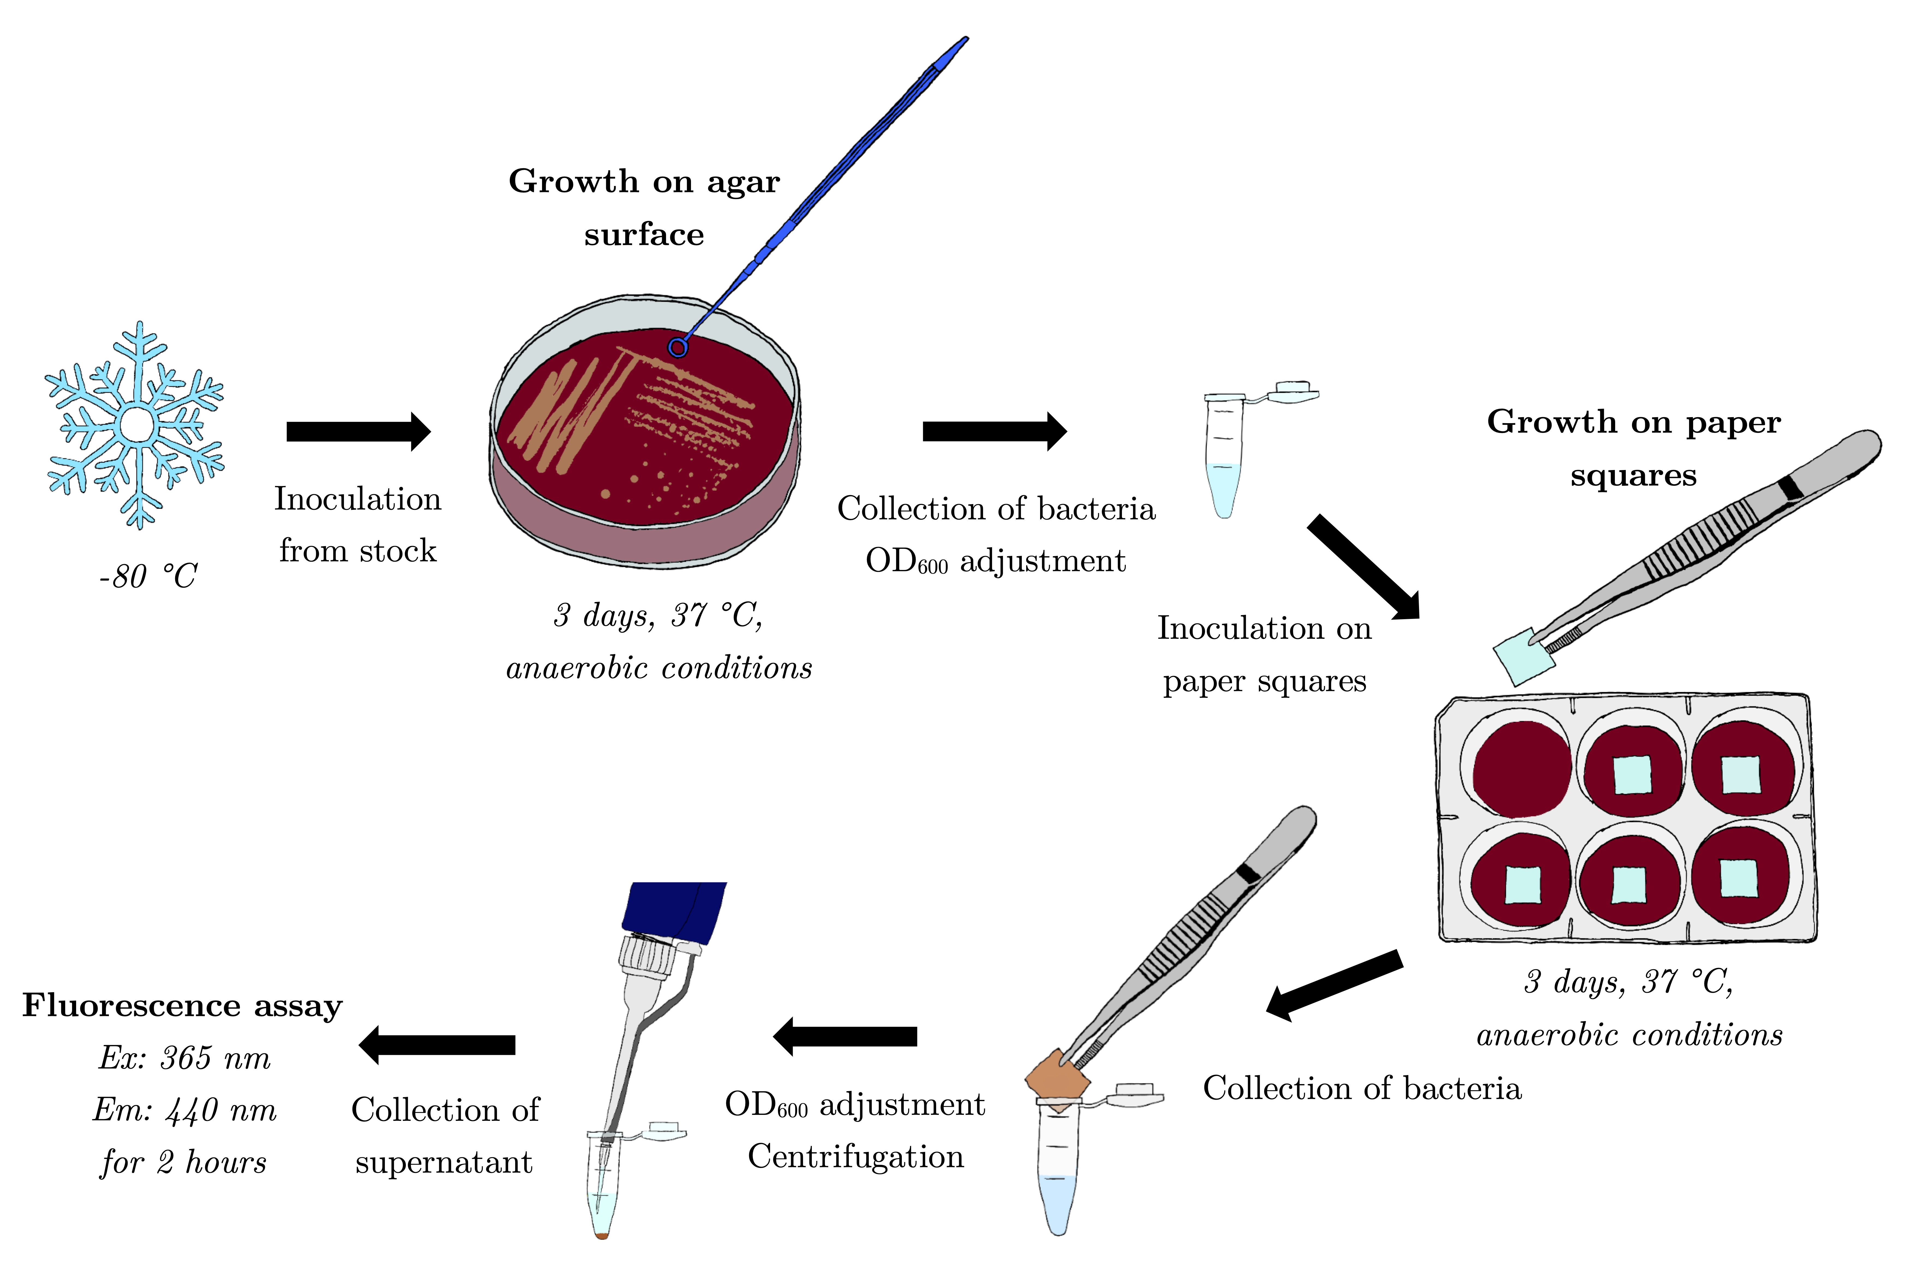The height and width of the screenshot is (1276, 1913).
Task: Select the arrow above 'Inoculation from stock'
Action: coord(358,431)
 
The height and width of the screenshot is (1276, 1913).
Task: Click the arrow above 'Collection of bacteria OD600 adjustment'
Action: coord(994,431)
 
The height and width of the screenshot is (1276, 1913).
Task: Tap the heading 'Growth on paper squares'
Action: coord(1633,448)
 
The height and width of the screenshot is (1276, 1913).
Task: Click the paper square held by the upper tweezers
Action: coord(1523,656)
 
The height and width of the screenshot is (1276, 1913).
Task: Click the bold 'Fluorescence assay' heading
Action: coord(182,1006)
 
